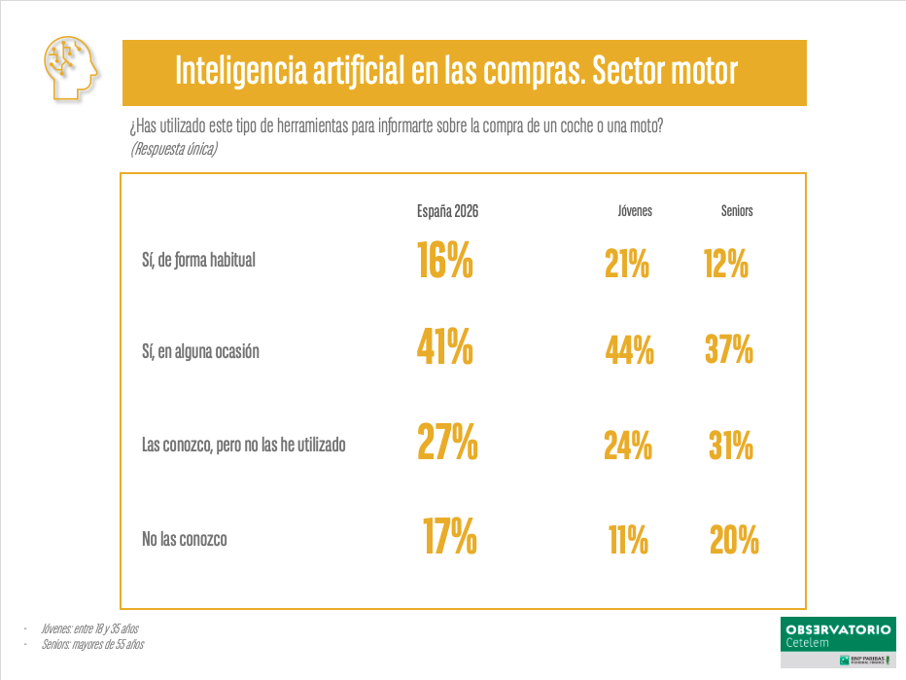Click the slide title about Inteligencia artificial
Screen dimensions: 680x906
click(456, 71)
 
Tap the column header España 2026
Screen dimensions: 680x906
click(447, 211)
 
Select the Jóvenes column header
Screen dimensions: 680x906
click(635, 211)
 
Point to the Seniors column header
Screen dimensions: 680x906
click(737, 211)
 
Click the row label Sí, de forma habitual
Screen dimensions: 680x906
click(198, 260)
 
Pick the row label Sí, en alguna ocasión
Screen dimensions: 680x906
click(200, 352)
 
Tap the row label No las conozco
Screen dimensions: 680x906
click(185, 538)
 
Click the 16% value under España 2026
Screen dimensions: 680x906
click(445, 260)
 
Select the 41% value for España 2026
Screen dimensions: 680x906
click(445, 347)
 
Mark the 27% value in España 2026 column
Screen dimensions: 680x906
click(447, 442)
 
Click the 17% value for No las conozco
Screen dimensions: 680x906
click(449, 535)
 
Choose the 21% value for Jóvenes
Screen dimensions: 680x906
click(627, 264)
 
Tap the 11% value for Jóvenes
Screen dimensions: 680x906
click(628, 539)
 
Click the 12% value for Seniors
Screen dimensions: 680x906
click(725, 264)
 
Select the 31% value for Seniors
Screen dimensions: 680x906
click(731, 446)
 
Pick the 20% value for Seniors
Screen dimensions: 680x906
click(734, 539)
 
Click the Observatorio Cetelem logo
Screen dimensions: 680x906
click(837, 641)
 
